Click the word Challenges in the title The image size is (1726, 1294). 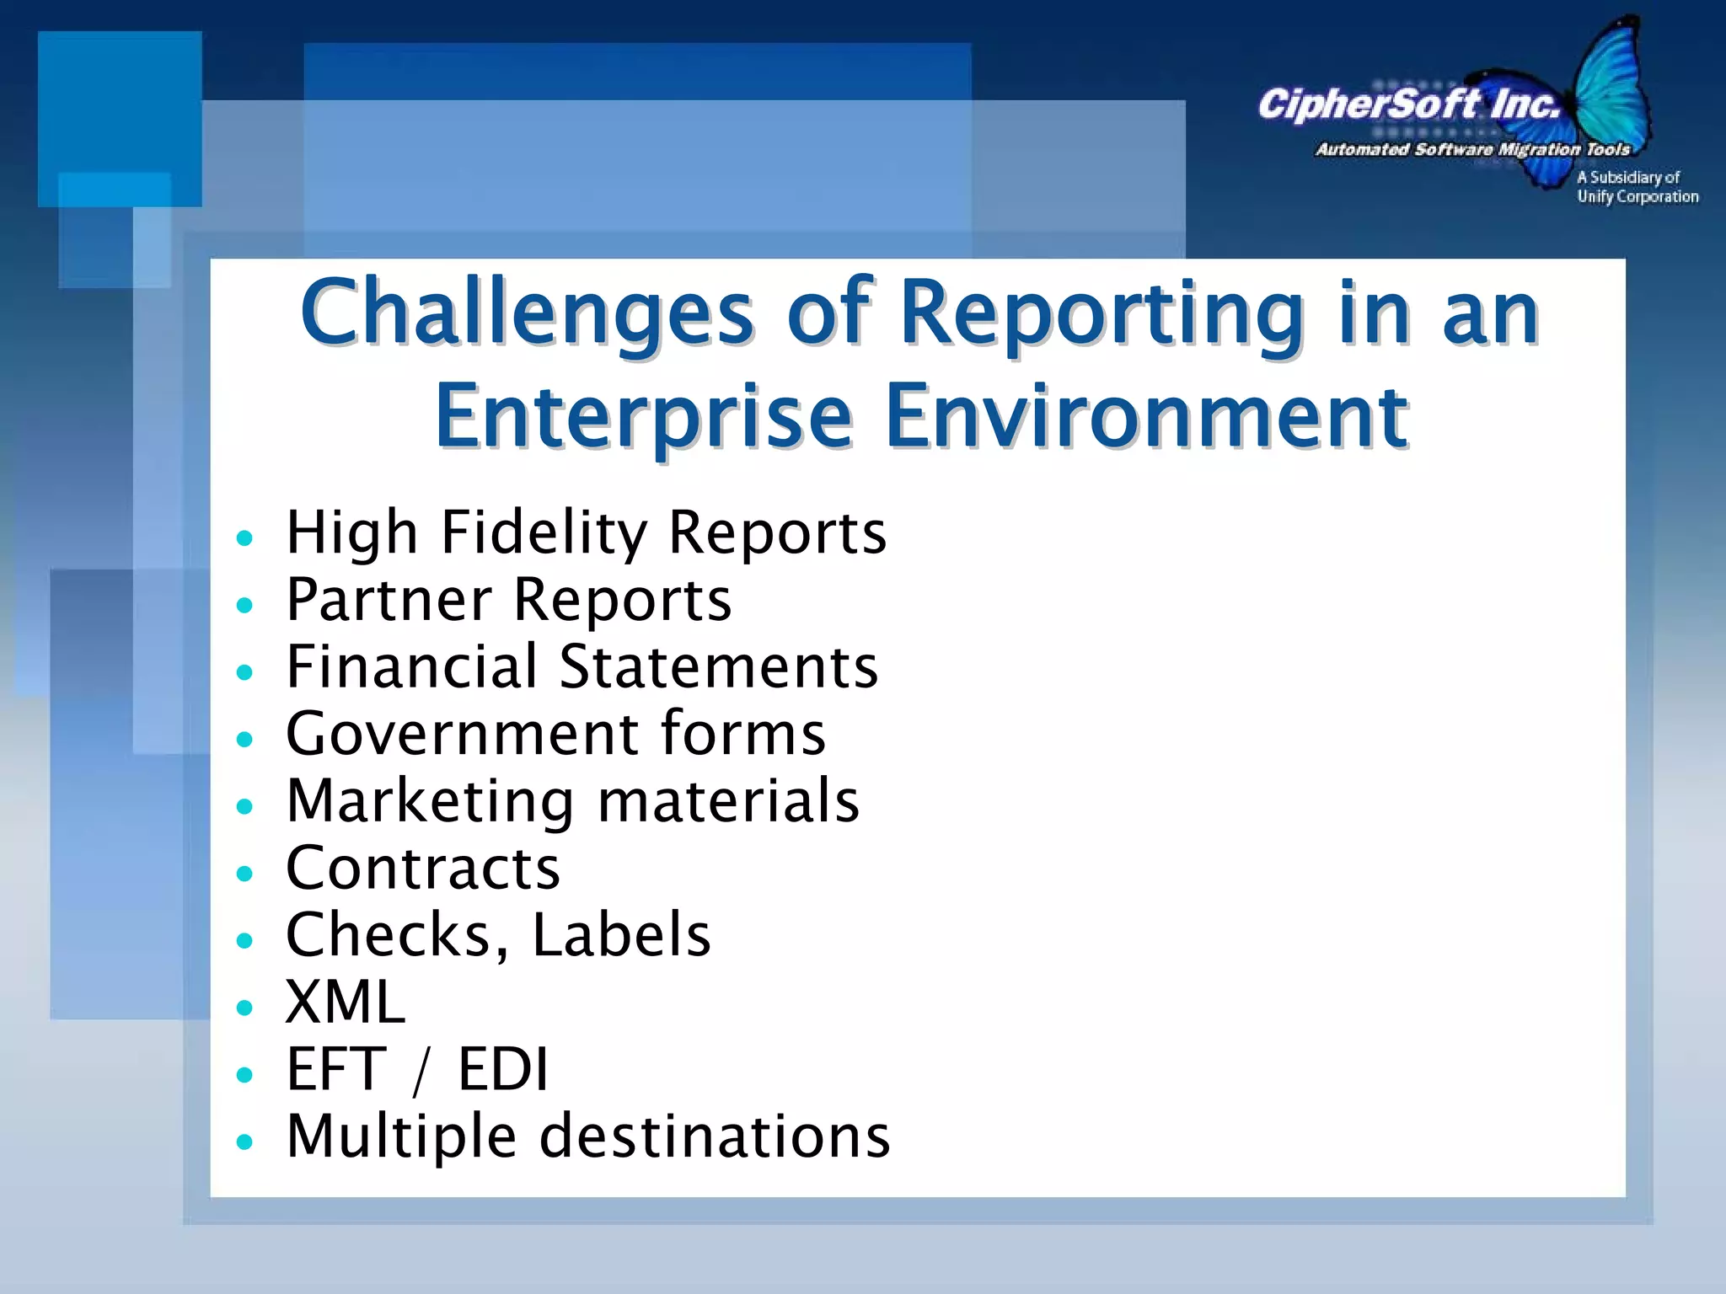526,314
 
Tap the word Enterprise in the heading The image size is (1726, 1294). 644,418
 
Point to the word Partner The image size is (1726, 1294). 389,600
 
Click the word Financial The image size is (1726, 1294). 411,666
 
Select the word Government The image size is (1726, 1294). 462,734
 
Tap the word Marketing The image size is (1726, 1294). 430,801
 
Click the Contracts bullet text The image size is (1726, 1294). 423,869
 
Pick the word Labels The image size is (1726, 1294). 621,935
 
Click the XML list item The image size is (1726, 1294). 346,1003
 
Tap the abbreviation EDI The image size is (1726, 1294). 502,1070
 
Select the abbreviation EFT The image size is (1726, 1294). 335,1070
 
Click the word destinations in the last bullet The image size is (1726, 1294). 714,1137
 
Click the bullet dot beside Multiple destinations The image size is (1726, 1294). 245,1142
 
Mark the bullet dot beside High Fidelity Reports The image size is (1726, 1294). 245,538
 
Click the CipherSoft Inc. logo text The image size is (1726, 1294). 1407,105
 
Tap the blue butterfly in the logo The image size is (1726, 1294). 1605,93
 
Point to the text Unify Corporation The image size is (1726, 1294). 1638,197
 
